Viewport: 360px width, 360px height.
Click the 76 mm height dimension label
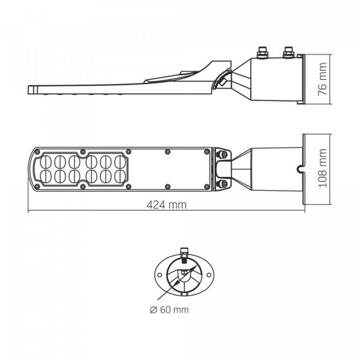(x=322, y=79)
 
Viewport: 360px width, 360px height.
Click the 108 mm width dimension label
(x=323, y=168)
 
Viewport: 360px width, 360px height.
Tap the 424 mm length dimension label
(x=167, y=205)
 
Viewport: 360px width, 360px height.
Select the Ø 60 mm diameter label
(x=169, y=309)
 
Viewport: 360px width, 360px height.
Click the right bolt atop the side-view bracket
(x=289, y=52)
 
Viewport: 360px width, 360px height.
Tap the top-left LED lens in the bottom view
(x=45, y=162)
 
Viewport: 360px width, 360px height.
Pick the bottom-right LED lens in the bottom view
(x=120, y=176)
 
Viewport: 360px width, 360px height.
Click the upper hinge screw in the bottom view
(x=224, y=154)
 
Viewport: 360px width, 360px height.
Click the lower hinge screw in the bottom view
(x=224, y=183)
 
